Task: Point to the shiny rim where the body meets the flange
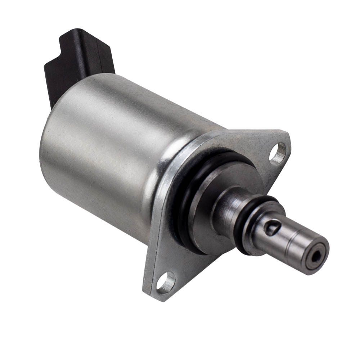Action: (169, 169)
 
